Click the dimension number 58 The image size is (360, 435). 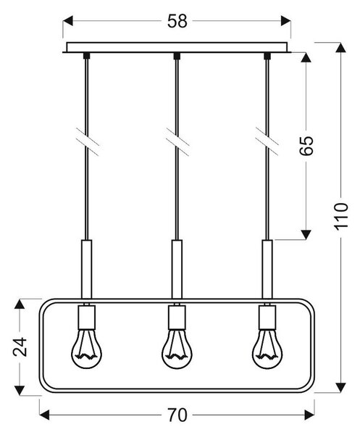click(177, 21)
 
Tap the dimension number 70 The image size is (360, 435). click(177, 415)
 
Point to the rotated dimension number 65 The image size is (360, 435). click(306, 146)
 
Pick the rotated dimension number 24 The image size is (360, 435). click(20, 347)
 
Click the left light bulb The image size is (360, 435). click(86, 349)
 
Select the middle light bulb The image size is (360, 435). click(177, 349)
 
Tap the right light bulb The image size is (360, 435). click(267, 349)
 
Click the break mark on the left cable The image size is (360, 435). click(88, 142)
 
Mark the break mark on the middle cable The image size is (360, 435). click(177, 142)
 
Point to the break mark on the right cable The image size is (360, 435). click(267, 142)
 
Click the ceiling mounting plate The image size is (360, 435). click(177, 47)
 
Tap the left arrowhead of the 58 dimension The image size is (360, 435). click(68, 21)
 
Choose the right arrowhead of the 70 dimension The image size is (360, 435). click(309, 415)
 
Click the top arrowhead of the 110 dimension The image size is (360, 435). click(341, 47)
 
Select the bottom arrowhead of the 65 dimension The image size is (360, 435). click(306, 234)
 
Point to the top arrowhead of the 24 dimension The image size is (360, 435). click(20, 304)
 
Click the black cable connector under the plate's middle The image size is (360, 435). click(177, 56)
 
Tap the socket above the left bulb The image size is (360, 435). click(87, 318)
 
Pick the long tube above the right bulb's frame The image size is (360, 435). click(267, 270)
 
